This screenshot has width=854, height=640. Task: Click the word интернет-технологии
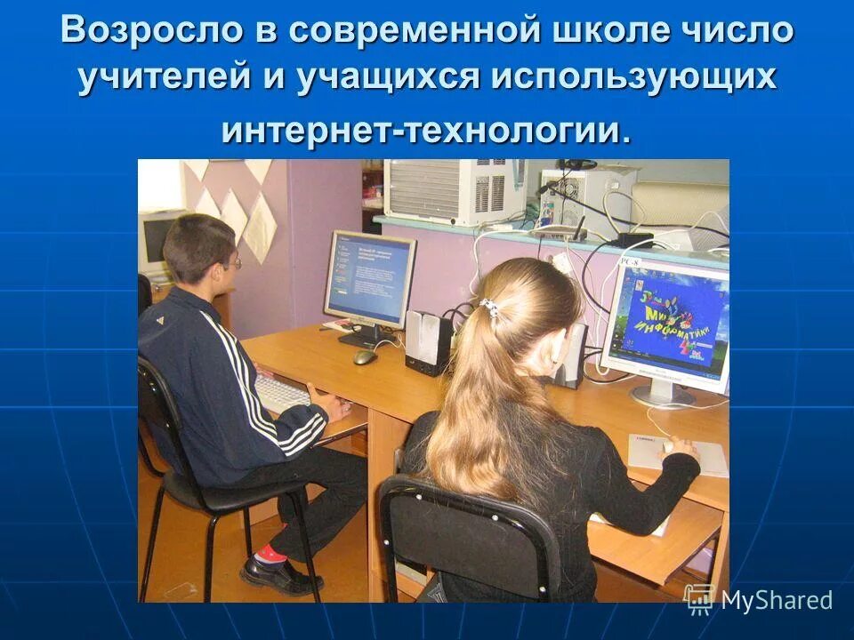[426, 131]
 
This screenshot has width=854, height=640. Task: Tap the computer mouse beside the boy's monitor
[365, 356]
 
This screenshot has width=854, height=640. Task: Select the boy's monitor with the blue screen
[368, 277]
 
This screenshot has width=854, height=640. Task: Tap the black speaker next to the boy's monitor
[428, 342]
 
